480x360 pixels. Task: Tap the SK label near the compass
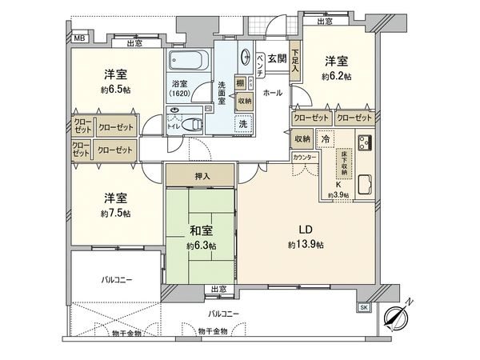click(x=363, y=307)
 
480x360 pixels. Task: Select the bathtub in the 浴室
click(x=190, y=62)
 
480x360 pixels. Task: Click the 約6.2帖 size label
click(x=335, y=76)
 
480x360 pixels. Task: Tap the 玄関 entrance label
click(x=277, y=58)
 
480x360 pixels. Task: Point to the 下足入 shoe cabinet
click(x=294, y=61)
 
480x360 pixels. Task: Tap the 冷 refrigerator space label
click(x=326, y=138)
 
